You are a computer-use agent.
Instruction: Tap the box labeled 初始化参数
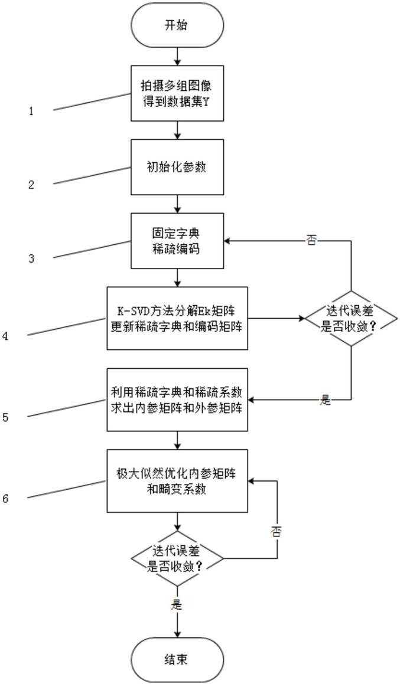click(x=177, y=167)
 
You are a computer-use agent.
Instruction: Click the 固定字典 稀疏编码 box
click(x=177, y=240)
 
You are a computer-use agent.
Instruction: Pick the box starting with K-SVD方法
click(x=177, y=318)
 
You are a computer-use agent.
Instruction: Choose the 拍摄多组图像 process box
click(x=177, y=93)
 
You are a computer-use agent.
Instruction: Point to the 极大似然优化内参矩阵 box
click(x=177, y=482)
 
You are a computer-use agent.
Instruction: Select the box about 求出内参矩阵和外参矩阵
click(x=177, y=400)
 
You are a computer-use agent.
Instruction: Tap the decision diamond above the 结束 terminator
click(x=177, y=558)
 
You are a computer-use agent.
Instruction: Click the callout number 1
click(x=31, y=111)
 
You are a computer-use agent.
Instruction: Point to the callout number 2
click(x=31, y=185)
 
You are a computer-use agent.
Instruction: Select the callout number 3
click(x=31, y=258)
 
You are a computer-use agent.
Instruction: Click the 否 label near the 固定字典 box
click(x=311, y=241)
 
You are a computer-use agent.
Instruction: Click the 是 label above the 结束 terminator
click(x=177, y=604)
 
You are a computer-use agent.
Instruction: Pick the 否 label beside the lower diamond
click(x=277, y=532)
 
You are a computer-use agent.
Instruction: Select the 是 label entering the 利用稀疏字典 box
click(x=326, y=400)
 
